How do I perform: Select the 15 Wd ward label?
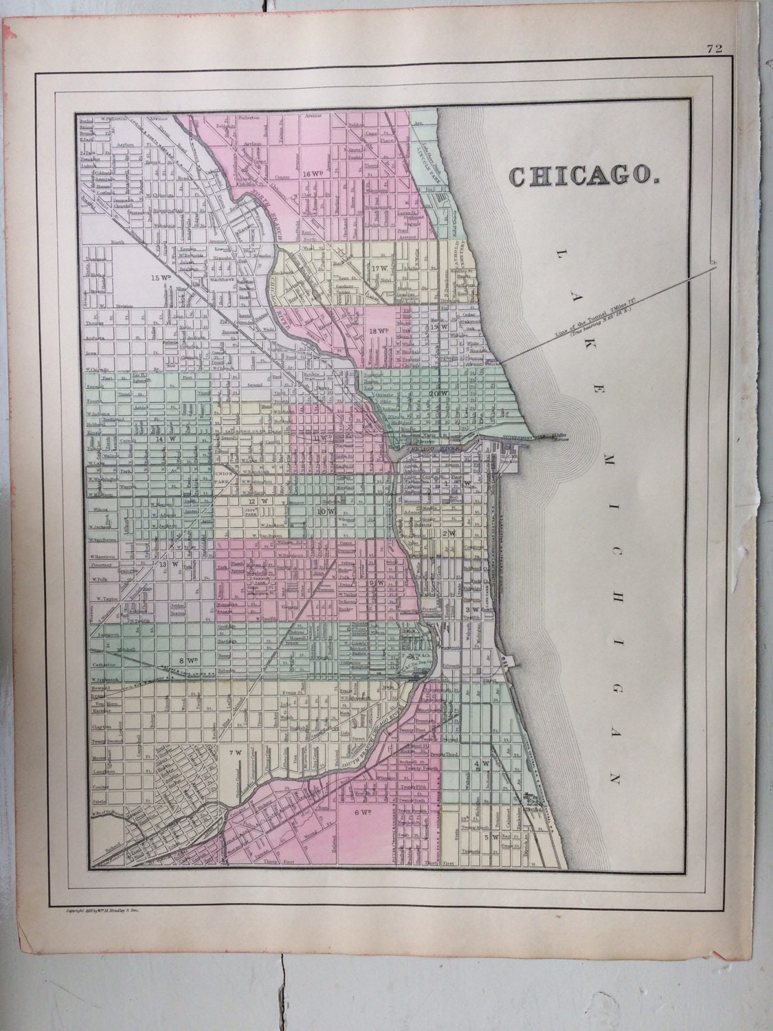point(160,278)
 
